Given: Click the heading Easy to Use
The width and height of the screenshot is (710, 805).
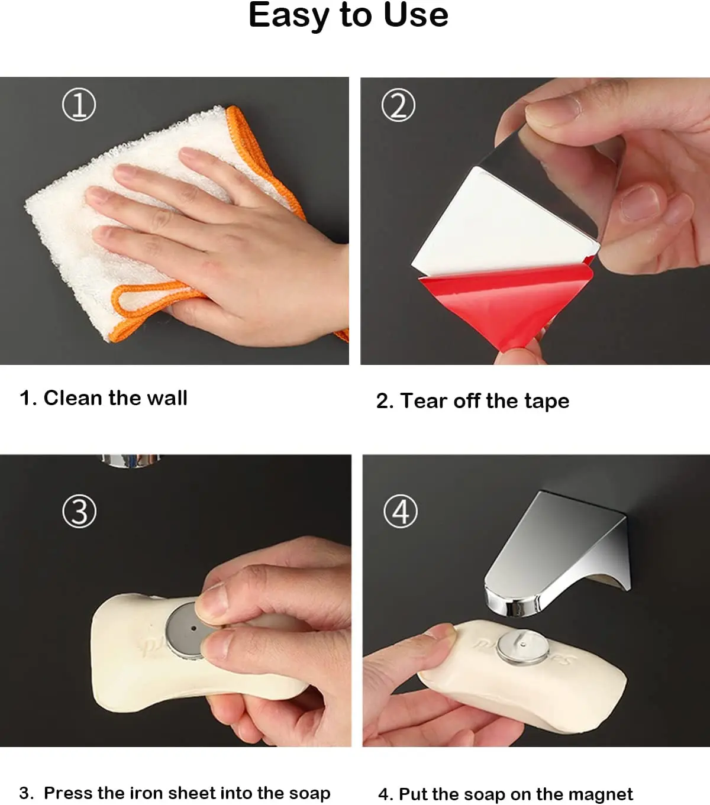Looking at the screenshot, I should click(348, 15).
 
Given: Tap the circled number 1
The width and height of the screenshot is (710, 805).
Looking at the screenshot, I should click(79, 105).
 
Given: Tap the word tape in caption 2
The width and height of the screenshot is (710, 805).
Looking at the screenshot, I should click(547, 402).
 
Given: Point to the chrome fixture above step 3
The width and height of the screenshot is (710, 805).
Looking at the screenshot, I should click(130, 460).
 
